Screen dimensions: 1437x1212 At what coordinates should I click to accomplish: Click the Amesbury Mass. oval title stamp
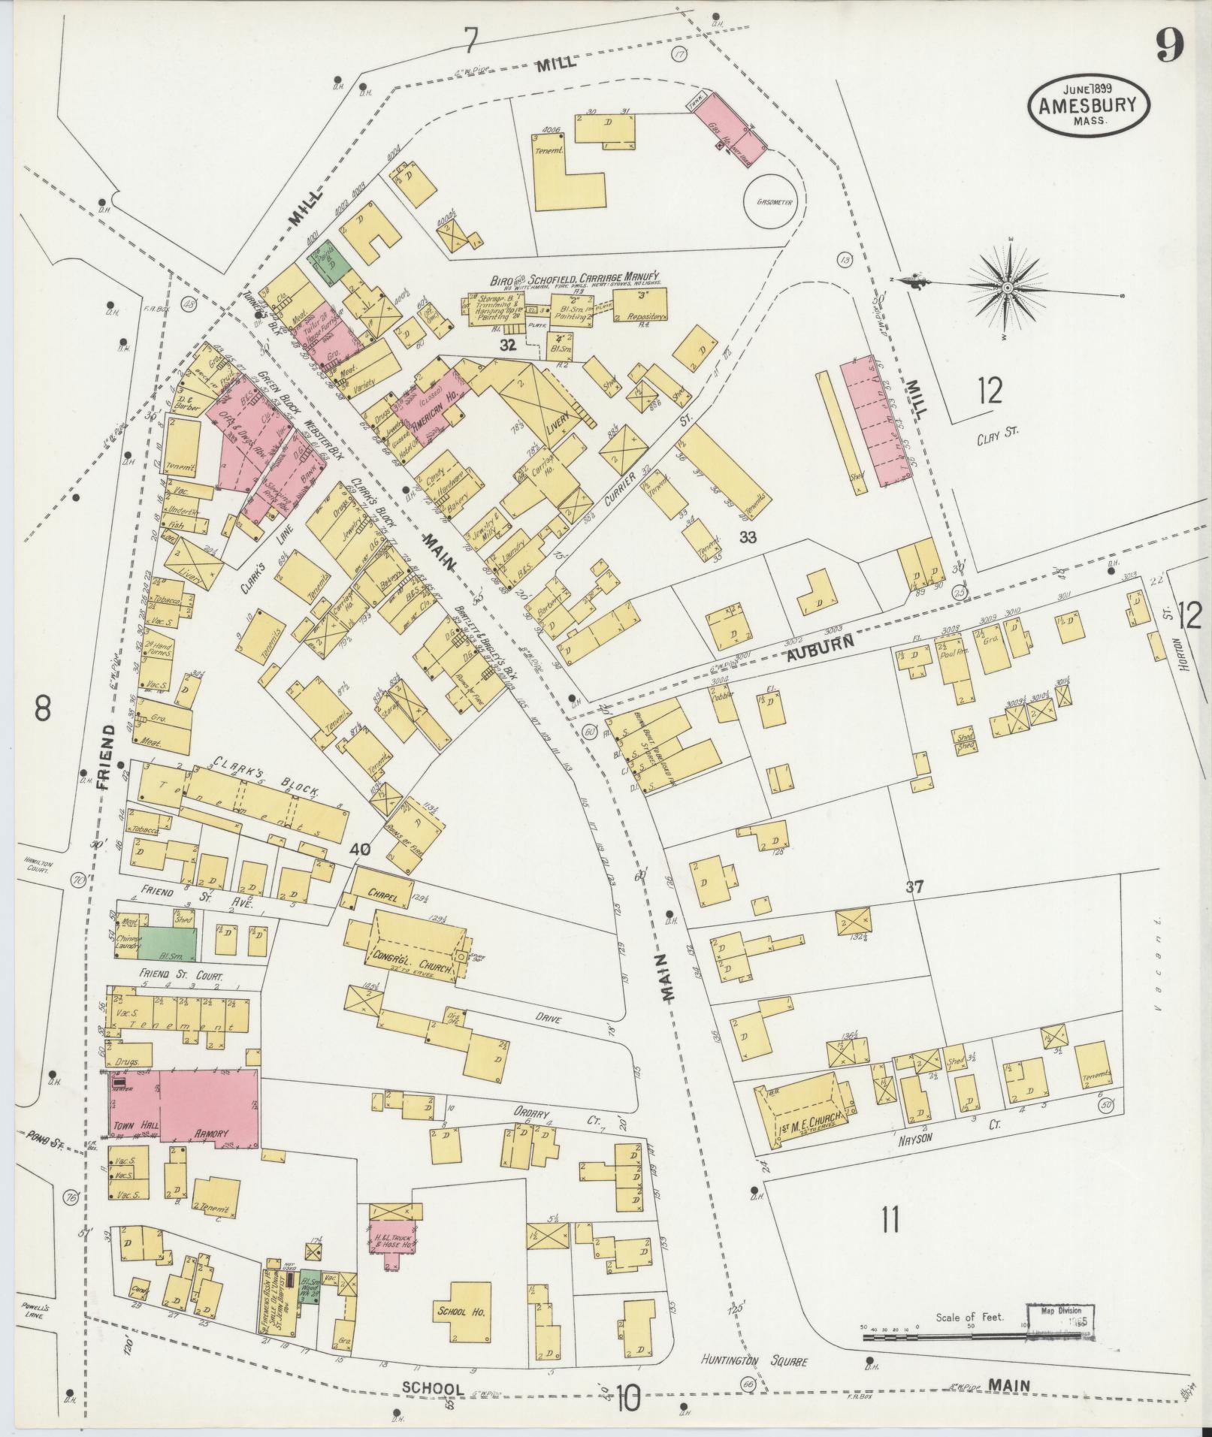pyautogui.click(x=1088, y=108)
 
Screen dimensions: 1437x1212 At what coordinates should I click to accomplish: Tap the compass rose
pyautogui.click(x=1007, y=288)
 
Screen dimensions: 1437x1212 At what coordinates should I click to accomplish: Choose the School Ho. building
pyautogui.click(x=461, y=1311)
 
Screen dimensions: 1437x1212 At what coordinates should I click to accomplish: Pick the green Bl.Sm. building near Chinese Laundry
pyautogui.click(x=168, y=943)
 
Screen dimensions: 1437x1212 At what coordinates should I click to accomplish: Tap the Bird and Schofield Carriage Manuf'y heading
pyautogui.click(x=574, y=277)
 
